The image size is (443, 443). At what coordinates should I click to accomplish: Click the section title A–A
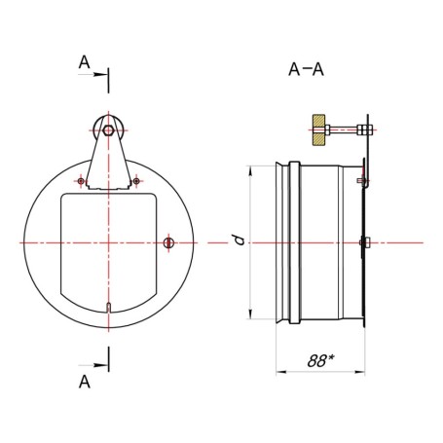click(306, 69)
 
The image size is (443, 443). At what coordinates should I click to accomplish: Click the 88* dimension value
click(320, 360)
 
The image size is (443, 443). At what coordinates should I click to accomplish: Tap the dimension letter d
click(240, 240)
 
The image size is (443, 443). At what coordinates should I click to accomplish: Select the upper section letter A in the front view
click(85, 62)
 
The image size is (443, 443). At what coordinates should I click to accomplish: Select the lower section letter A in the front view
click(85, 382)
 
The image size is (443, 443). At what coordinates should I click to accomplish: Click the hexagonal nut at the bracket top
click(108, 130)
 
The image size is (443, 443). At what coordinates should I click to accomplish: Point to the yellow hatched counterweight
click(318, 129)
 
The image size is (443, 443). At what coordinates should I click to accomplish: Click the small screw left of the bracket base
click(81, 181)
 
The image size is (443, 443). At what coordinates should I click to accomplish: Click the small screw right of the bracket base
click(136, 181)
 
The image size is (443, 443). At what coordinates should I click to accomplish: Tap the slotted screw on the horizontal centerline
click(168, 242)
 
